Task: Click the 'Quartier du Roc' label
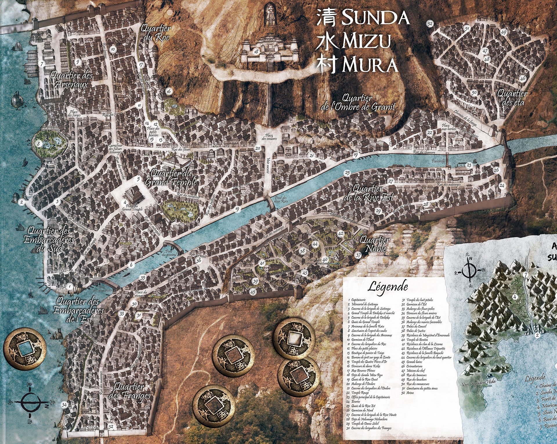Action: click(156, 33)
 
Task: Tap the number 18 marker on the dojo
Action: click(256, 52)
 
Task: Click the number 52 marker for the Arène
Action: click(430, 24)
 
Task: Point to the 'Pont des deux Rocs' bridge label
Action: click(281, 199)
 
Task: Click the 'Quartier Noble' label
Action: click(375, 244)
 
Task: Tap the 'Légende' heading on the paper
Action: click(388, 286)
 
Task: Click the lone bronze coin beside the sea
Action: click(25, 349)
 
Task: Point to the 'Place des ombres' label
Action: click(269, 137)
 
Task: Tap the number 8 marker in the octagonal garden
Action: click(38, 143)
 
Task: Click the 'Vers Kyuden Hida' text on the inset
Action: click(478, 383)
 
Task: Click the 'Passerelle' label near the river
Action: click(438, 161)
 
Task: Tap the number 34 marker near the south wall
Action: click(64, 405)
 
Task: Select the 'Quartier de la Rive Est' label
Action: click(368, 193)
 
